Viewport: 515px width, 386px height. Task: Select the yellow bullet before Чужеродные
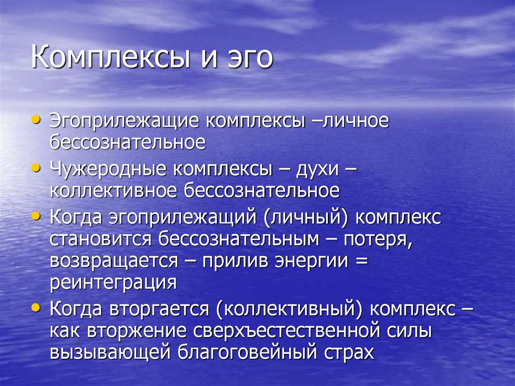point(36,168)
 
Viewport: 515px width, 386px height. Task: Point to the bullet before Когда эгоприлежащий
point(36,216)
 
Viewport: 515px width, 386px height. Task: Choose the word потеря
point(378,239)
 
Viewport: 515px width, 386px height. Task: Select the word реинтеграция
point(113,283)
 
